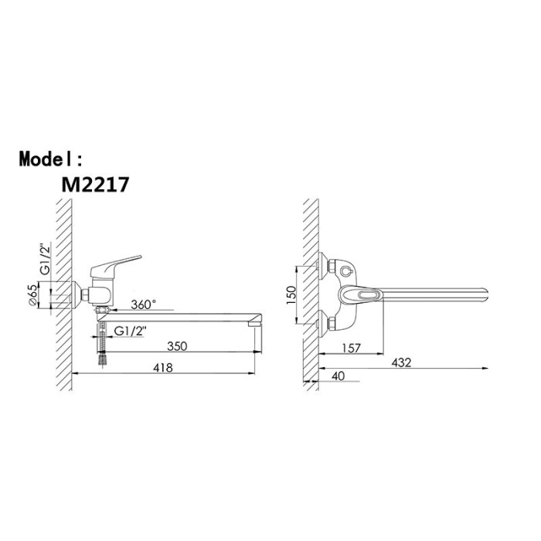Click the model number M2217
pyautogui.click(x=95, y=185)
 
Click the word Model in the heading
pyautogui.click(x=46, y=158)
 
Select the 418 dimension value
pyautogui.click(x=163, y=367)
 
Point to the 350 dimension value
pyautogui.click(x=177, y=346)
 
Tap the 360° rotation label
pyautogui.click(x=144, y=305)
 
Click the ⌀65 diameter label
pyautogui.click(x=32, y=294)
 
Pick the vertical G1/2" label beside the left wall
pyautogui.click(x=45, y=259)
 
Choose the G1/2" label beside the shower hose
pyautogui.click(x=131, y=331)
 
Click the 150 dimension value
pyautogui.click(x=291, y=295)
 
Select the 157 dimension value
pyautogui.click(x=351, y=348)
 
